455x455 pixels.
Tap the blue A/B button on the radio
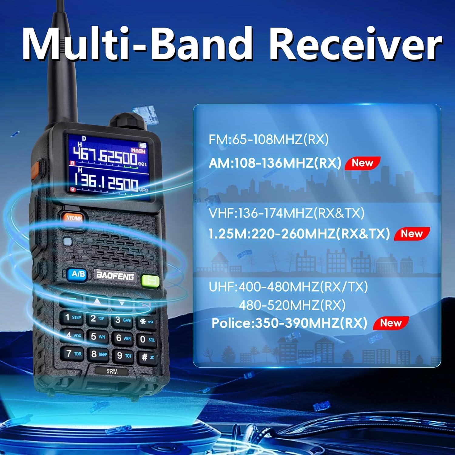click(x=78, y=274)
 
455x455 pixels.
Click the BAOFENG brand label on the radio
click(x=115, y=276)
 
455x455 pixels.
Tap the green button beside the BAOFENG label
click(x=150, y=281)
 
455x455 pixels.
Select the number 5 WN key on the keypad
click(x=98, y=337)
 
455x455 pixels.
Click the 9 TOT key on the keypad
click(x=124, y=356)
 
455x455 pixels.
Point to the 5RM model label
click(x=112, y=371)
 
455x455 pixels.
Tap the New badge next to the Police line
click(x=391, y=323)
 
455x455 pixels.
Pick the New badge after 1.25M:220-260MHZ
click(x=412, y=234)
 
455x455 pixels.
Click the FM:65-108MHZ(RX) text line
click(x=268, y=140)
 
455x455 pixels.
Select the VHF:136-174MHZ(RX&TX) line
click(x=286, y=213)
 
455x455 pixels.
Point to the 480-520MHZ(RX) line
click(x=292, y=305)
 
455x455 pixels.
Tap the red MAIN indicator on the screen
click(x=138, y=151)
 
